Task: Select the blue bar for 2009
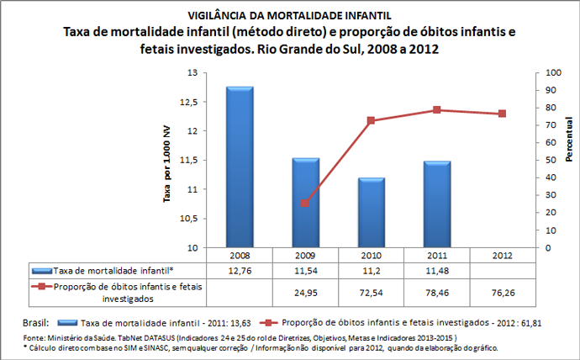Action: pyautogui.click(x=305, y=203)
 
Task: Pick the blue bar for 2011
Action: pyautogui.click(x=436, y=204)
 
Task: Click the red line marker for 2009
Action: pyautogui.click(x=305, y=204)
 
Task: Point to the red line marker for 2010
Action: pyautogui.click(x=371, y=121)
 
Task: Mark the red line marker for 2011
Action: pyautogui.click(x=436, y=110)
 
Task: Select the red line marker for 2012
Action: pyautogui.click(x=502, y=114)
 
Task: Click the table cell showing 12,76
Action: pyautogui.click(x=240, y=270)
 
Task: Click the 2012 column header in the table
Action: pyautogui.click(x=502, y=254)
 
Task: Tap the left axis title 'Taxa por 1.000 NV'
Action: pyautogui.click(x=168, y=161)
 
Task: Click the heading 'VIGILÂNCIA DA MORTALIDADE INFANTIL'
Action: pyautogui.click(x=290, y=15)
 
